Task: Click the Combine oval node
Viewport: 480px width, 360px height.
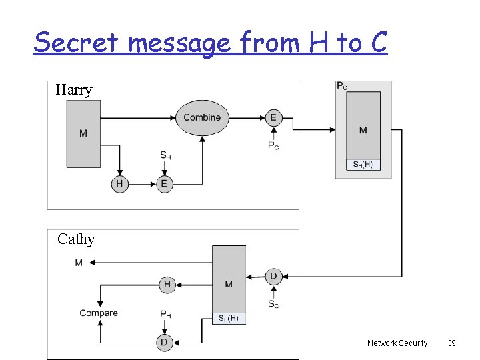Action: [x=202, y=117]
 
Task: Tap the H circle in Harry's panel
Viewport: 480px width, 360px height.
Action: [x=120, y=184]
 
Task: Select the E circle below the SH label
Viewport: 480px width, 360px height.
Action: [x=164, y=184]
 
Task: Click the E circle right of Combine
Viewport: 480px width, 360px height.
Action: [x=273, y=117]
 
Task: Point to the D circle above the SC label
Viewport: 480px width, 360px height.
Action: [x=273, y=276]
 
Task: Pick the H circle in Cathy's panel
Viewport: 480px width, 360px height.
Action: [x=167, y=285]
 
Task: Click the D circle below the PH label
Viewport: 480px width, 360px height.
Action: [x=164, y=342]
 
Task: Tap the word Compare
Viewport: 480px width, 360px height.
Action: [x=99, y=313]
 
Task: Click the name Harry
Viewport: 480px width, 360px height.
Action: [x=74, y=90]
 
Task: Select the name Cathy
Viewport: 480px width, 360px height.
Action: [x=76, y=239]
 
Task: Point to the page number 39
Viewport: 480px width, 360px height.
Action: [x=451, y=343]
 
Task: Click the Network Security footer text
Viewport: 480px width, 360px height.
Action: [x=397, y=343]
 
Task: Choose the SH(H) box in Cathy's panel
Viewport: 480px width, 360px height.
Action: [x=229, y=319]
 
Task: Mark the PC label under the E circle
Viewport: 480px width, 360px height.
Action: [x=273, y=146]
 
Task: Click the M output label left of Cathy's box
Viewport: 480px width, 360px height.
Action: [x=79, y=263]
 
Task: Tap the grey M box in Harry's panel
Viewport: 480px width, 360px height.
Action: [x=83, y=133]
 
